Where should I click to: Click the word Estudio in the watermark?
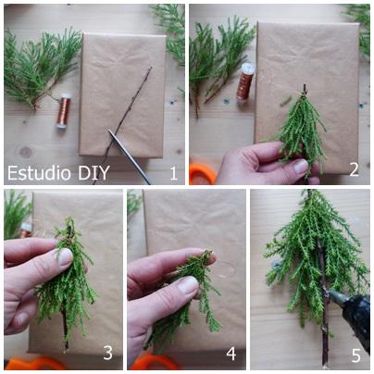40,173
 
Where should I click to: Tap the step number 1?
174,173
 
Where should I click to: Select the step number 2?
354,169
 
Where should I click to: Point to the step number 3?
107,353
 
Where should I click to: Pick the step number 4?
231,354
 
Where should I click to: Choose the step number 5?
355,355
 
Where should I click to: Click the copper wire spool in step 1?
63,111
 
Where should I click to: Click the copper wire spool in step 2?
245,81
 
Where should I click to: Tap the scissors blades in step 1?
130,156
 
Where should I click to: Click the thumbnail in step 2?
301,167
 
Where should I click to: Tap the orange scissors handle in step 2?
203,174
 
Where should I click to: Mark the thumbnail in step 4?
188,285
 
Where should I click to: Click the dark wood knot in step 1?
26,152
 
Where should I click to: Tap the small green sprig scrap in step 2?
285,101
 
